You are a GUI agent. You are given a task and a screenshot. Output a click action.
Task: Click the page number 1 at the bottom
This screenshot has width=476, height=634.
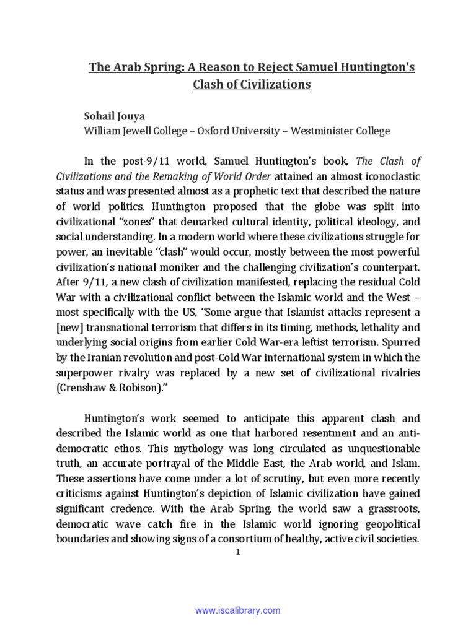(238, 552)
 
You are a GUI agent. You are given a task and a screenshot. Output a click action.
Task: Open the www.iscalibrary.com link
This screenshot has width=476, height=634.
(238, 610)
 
